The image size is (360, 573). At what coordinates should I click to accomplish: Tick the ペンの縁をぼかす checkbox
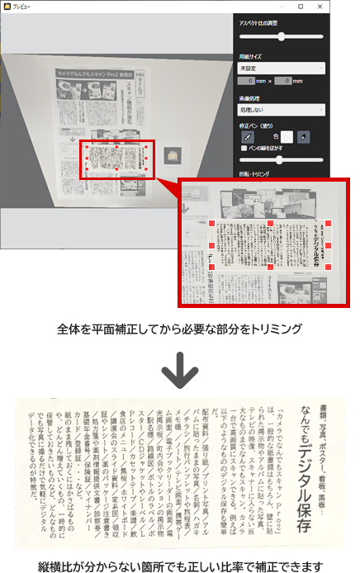tap(243, 148)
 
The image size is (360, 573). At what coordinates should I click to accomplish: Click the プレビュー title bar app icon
tap(6, 6)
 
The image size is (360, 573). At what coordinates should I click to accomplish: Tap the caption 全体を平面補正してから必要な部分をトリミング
tap(180, 330)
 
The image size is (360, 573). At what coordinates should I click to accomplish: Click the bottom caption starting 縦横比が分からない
tap(180, 563)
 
